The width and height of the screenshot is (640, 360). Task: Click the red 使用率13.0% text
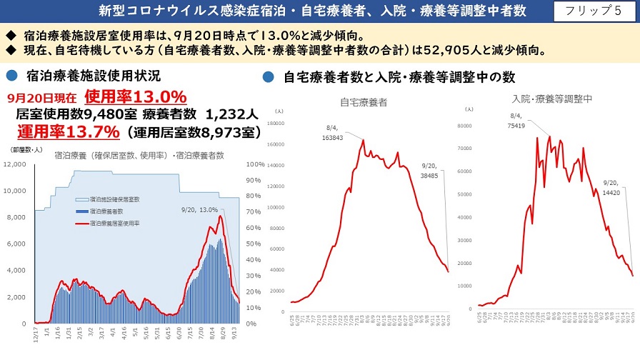coord(135,96)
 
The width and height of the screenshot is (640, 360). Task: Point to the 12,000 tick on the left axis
coord(15,164)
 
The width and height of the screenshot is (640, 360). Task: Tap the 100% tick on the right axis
coord(254,164)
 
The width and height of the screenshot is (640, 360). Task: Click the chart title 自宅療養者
coord(363,102)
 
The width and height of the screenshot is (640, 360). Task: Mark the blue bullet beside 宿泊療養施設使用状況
coord(11,74)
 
